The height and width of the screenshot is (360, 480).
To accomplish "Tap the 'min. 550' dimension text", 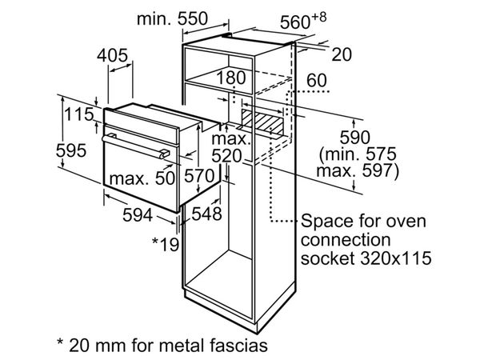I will pyautogui.click(x=172, y=18).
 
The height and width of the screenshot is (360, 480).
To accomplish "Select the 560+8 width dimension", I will pyautogui.click(x=309, y=22).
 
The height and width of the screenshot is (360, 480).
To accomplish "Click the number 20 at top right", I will pyautogui.click(x=342, y=54).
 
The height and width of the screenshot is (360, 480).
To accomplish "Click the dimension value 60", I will pyautogui.click(x=317, y=79).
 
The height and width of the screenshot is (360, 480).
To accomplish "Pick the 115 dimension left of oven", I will pyautogui.click(x=79, y=114).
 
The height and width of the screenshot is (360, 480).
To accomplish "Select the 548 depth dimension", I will pyautogui.click(x=206, y=214).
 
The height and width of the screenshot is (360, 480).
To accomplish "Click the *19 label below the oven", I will pyautogui.click(x=166, y=243).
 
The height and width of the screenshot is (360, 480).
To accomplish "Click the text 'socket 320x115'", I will pyautogui.click(x=367, y=258).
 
